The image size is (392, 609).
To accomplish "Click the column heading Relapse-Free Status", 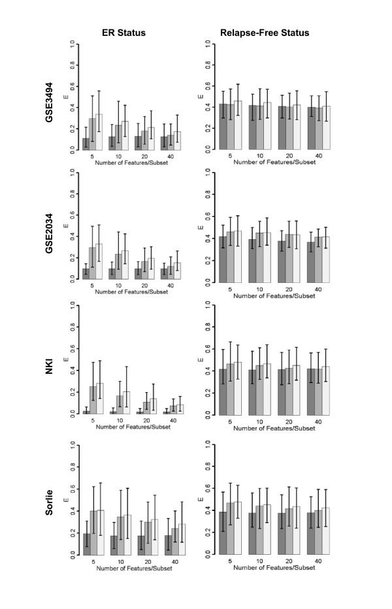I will tap(269, 31).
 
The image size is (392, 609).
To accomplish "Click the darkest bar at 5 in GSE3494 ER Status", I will tap(86, 144).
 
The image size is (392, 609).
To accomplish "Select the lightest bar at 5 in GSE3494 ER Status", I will tap(99, 132).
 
